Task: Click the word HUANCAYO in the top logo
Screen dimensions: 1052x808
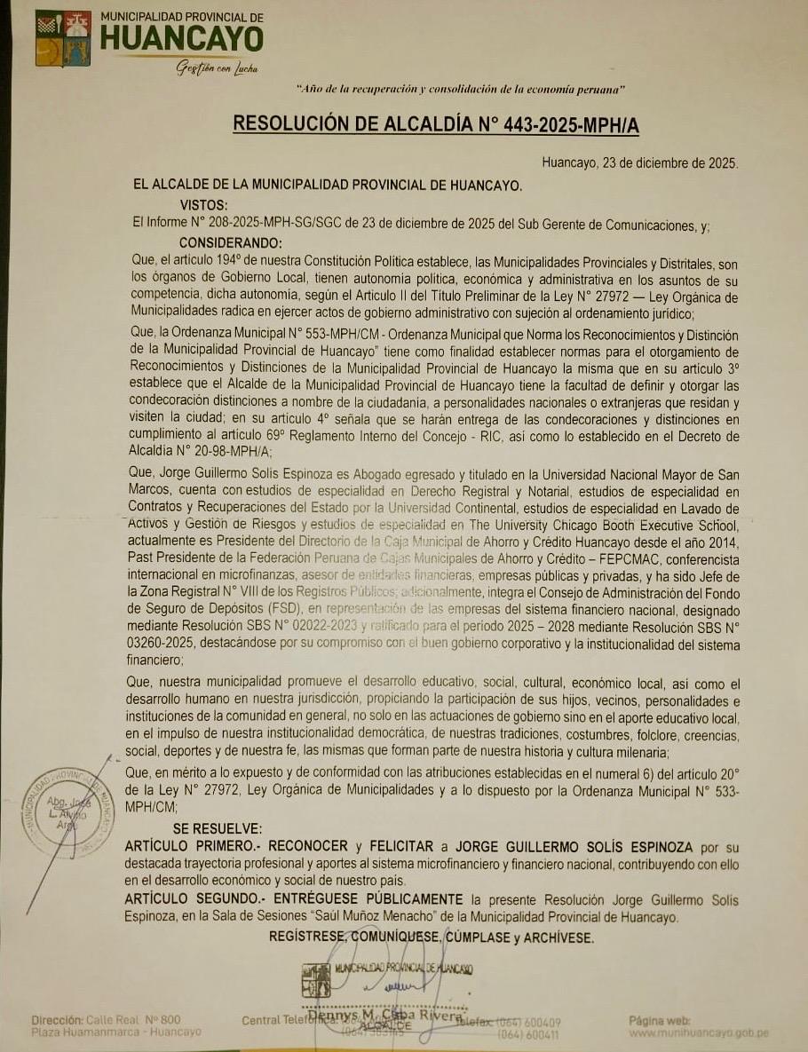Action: [x=181, y=38]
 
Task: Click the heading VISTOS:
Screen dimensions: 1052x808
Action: [x=203, y=205]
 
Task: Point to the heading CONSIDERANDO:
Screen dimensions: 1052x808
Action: [x=231, y=243]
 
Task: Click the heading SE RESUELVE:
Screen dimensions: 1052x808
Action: [x=218, y=827]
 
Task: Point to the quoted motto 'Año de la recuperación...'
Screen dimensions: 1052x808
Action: [x=462, y=90]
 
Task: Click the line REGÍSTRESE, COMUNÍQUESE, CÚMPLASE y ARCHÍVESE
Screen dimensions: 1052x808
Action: [x=431, y=937]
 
